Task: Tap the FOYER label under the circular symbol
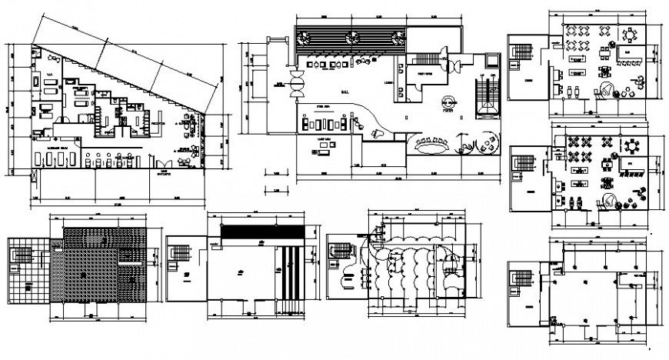tap(448, 109)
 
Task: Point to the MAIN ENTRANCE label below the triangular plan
tap(163, 174)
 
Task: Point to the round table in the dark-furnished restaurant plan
tap(632, 146)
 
